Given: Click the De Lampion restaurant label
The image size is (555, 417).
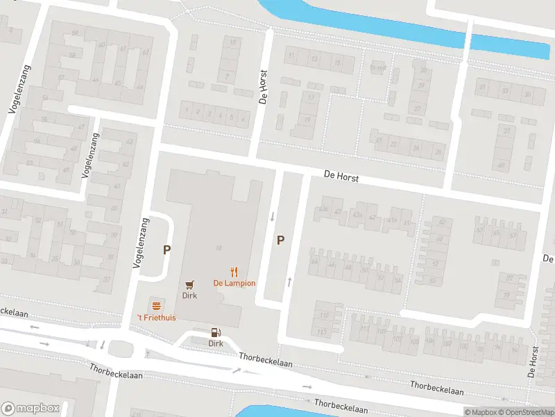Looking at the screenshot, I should tap(234, 283).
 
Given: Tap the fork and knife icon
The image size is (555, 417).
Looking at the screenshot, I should tap(234, 272).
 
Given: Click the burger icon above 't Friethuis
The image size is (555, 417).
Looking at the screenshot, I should tap(156, 306).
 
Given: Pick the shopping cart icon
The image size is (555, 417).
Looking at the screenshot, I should tap(189, 284).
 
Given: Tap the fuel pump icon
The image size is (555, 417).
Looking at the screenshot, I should tap(215, 332).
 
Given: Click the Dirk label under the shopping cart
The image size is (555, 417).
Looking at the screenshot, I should tap(189, 295).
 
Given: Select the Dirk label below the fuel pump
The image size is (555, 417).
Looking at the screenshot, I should tap(215, 343).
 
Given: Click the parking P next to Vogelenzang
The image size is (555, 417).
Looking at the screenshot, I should tap(166, 250).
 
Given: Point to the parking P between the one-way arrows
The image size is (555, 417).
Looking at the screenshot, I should tap(281, 240).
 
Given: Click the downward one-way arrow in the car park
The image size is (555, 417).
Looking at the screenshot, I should tap(273, 216).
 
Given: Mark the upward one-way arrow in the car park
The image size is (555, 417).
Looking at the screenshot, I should tap(289, 281).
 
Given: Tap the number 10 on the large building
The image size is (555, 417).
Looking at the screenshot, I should tap(219, 248).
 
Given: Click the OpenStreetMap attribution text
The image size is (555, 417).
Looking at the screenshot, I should tap(524, 412).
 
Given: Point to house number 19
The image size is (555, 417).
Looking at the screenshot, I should tap(307, 118).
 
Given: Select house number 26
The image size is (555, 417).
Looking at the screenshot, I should tap(437, 151).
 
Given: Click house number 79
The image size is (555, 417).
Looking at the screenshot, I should tap(506, 295).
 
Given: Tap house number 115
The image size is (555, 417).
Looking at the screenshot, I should tap(323, 332).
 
